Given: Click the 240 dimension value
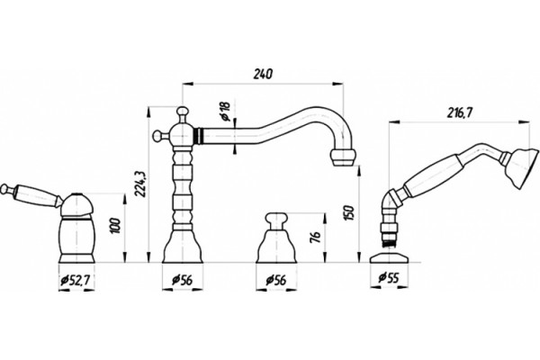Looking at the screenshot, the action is point(263,74).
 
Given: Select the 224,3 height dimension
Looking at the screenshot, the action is point(139,184).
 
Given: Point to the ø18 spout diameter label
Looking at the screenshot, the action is point(225,112).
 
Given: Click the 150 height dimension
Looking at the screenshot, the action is point(348,214).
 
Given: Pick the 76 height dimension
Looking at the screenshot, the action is point(316,237).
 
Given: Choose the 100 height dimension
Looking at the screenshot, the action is point(116,226).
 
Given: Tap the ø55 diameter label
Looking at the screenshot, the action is point(389,277).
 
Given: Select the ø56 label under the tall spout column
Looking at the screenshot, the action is point(182,281).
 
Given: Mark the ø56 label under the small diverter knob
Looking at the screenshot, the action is point(276,281).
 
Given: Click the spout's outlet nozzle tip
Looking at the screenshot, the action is point(343,157).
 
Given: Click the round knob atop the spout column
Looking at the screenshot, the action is point(182,112).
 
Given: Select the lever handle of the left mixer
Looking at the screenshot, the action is point(30,197).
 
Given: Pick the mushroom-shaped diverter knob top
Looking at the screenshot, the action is point(276,218).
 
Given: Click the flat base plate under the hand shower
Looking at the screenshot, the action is point(389,258).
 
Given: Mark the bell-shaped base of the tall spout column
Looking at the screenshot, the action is point(182,247).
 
